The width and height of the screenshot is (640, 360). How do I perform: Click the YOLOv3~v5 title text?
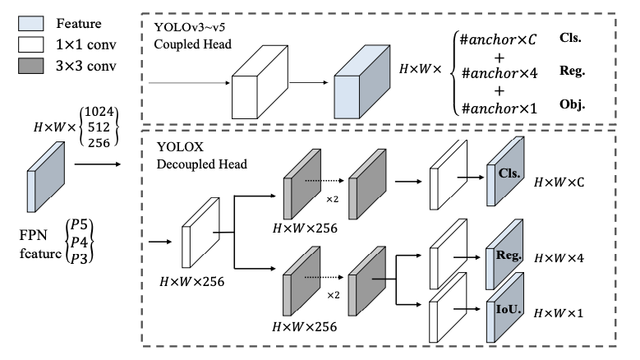coord(191,27)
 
